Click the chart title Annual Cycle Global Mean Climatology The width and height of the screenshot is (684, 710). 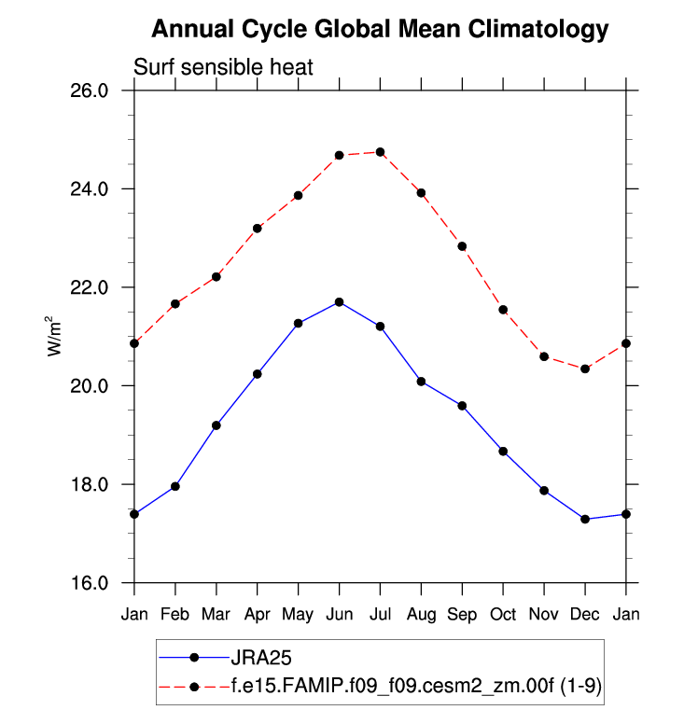pyautogui.click(x=380, y=29)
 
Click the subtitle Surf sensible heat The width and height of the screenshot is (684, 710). pyautogui.click(x=224, y=67)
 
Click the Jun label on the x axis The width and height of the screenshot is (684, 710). pyautogui.click(x=339, y=614)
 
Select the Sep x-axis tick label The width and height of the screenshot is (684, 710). pyautogui.click(x=462, y=614)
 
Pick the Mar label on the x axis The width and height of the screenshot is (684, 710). pyautogui.click(x=216, y=614)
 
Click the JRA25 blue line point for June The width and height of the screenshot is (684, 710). pyautogui.click(x=340, y=302)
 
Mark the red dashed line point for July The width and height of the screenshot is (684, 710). pyautogui.click(x=380, y=152)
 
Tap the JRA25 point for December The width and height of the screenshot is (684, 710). pyautogui.click(x=585, y=519)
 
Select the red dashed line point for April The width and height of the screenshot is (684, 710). pyautogui.click(x=258, y=228)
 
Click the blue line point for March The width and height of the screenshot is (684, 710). pyautogui.click(x=216, y=425)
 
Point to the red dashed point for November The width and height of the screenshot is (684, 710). pyautogui.click(x=544, y=356)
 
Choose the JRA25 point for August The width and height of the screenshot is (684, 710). pyautogui.click(x=421, y=382)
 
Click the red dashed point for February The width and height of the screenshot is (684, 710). pyautogui.click(x=175, y=304)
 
